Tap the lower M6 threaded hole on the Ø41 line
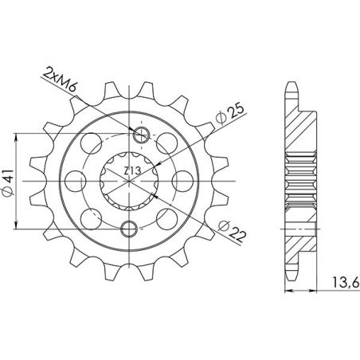click(x=128, y=229)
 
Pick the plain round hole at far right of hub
click(x=190, y=183)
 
